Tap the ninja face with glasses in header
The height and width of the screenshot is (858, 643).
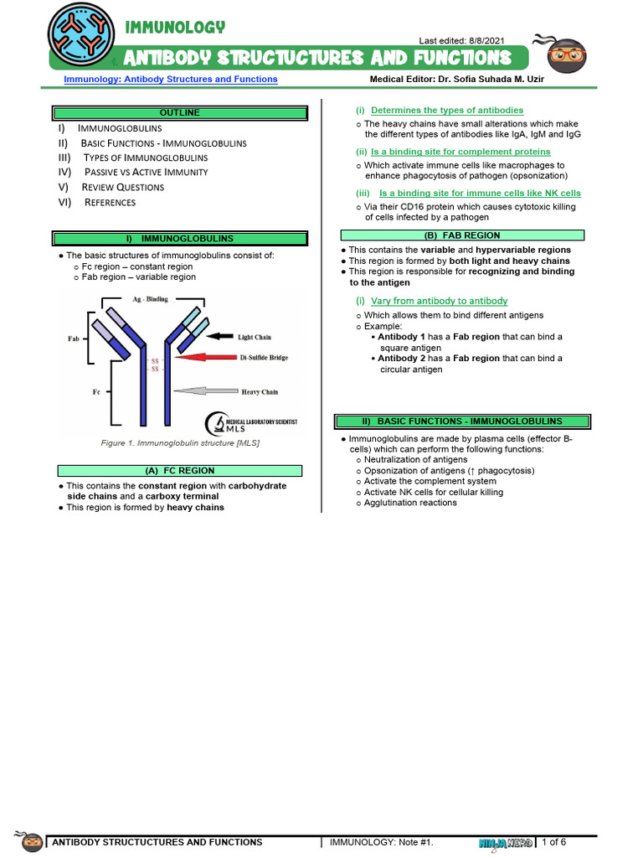click(566, 57)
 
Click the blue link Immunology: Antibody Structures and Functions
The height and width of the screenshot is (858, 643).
click(171, 80)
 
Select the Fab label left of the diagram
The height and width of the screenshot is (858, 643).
click(74, 339)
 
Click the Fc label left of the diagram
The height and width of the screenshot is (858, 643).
click(74, 391)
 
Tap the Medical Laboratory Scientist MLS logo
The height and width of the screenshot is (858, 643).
click(250, 422)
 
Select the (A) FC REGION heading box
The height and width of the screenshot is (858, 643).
click(179, 471)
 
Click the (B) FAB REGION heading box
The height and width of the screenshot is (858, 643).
click(462, 235)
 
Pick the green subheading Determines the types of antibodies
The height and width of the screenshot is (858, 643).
click(447, 110)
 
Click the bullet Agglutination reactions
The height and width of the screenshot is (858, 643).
click(410, 503)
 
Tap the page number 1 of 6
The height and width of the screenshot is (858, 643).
click(554, 841)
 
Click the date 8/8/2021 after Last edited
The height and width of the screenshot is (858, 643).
click(488, 41)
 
